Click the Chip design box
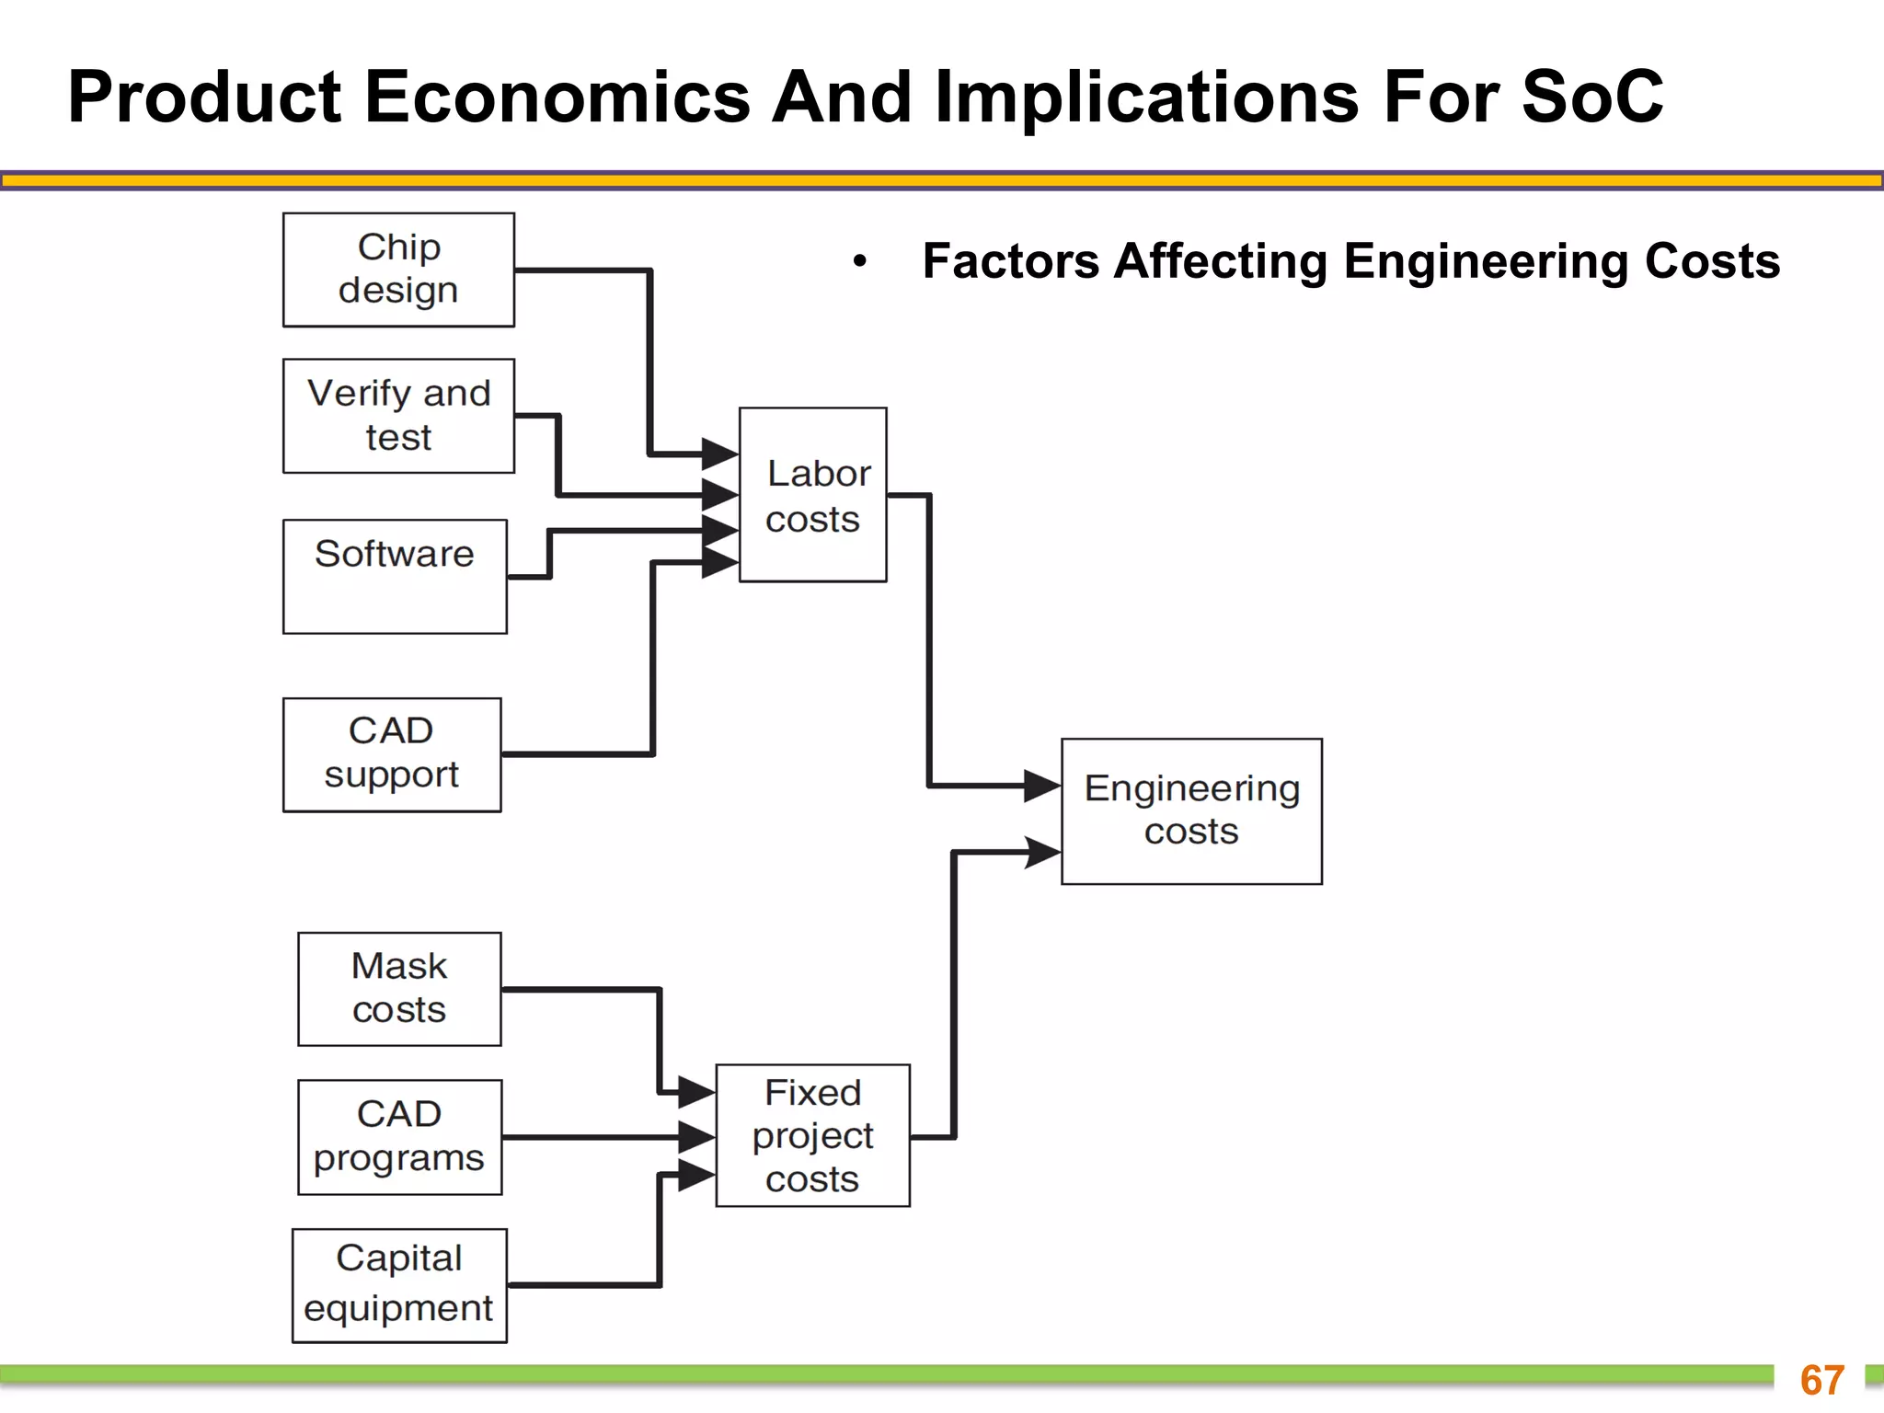(398, 270)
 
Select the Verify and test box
(398, 416)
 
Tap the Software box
(395, 577)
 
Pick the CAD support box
(392, 754)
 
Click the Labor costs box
(813, 495)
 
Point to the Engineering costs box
(1191, 811)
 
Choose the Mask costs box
(399, 989)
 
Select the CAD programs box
(399, 1137)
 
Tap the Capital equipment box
(399, 1285)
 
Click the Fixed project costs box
(812, 1135)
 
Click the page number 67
(1821, 1380)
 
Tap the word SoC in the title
(1592, 97)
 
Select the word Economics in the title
(557, 97)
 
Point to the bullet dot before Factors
(859, 261)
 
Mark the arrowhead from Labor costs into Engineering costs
(1042, 786)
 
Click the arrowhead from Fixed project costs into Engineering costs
(1042, 852)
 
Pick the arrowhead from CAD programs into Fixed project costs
(697, 1137)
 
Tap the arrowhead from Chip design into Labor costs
(719, 454)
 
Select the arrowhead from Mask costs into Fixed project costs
(697, 1093)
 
